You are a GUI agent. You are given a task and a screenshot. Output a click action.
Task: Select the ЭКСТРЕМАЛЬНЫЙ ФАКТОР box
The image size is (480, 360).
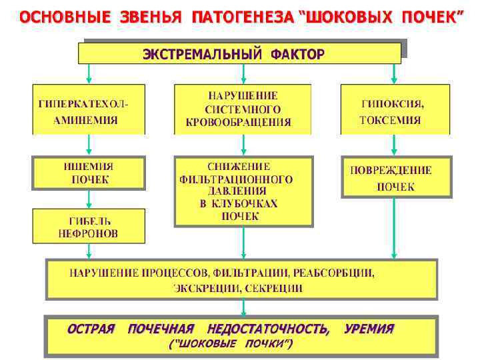[x=240, y=53]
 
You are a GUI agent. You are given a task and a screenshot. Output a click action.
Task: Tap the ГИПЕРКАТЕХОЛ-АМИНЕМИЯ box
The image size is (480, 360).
[x=89, y=110]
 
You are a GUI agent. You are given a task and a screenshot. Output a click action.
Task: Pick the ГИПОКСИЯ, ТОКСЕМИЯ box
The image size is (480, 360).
[x=395, y=110]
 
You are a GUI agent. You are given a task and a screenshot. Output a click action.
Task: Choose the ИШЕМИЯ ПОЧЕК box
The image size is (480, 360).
[x=89, y=173]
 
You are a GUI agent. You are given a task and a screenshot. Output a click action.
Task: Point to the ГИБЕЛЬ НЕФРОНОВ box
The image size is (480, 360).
[x=89, y=226]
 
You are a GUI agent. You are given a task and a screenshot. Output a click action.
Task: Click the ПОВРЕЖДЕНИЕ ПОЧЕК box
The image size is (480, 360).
[x=396, y=177]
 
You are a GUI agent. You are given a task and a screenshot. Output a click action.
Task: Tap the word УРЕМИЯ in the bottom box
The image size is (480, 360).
[x=369, y=329]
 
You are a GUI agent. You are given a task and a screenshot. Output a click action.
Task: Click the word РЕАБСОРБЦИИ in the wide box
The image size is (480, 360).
[x=336, y=273]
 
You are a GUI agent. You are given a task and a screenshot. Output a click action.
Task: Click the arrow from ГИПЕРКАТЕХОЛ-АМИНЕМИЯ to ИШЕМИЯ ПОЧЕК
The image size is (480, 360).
[x=89, y=145]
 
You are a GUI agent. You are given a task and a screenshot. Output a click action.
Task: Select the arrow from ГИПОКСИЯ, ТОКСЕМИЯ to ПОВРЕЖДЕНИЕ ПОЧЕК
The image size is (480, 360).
[x=395, y=145]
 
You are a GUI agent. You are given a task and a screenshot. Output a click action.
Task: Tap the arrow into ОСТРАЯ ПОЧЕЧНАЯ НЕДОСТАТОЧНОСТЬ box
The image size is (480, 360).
[x=243, y=307]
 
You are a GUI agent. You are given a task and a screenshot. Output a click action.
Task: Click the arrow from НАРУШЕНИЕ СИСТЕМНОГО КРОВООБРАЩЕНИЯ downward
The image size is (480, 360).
[x=243, y=144]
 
